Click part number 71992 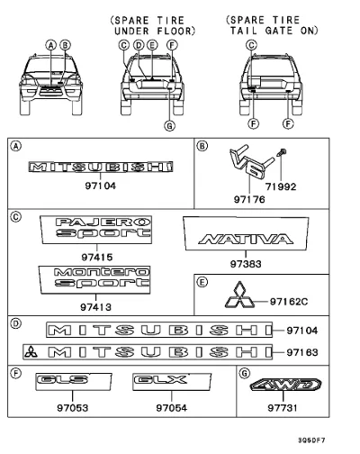click(281, 186)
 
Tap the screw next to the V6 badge click(283, 151)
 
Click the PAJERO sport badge click(96, 230)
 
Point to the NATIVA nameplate click(246, 233)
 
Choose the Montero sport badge click(94, 279)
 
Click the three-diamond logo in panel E click(239, 295)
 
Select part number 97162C click(289, 302)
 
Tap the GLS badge click(74, 382)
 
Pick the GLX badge click(172, 382)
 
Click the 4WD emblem click(285, 385)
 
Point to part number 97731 click(283, 408)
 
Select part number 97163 click(302, 352)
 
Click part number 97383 click(246, 264)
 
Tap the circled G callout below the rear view click(169, 125)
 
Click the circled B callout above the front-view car click(65, 45)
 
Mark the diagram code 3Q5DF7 click(311, 440)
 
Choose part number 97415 click(97, 258)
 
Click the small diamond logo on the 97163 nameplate click(31, 351)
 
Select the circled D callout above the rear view click(139, 45)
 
